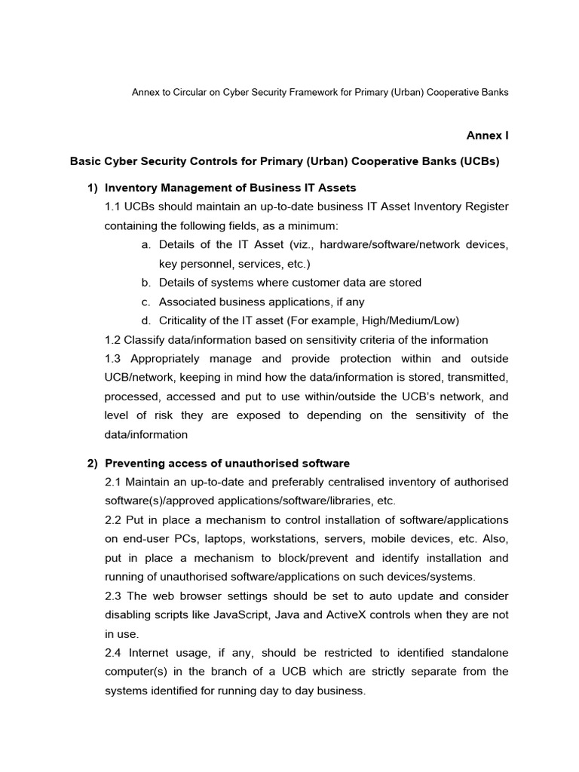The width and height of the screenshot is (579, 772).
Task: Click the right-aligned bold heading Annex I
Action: pos(488,136)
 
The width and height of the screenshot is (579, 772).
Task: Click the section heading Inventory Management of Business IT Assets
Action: pos(231,187)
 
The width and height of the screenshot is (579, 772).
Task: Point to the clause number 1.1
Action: pos(114,207)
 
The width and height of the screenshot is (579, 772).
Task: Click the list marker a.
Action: pos(146,245)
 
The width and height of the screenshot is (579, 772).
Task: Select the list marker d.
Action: pos(146,320)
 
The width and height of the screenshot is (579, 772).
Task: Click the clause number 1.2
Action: pos(113,340)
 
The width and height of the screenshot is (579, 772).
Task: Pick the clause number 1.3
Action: pos(113,359)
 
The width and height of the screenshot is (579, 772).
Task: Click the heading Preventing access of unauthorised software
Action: pos(227,463)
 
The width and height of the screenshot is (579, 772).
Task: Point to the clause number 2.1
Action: pos(114,482)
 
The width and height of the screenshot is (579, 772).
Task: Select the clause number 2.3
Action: pos(114,596)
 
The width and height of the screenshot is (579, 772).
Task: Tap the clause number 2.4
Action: pos(114,653)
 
